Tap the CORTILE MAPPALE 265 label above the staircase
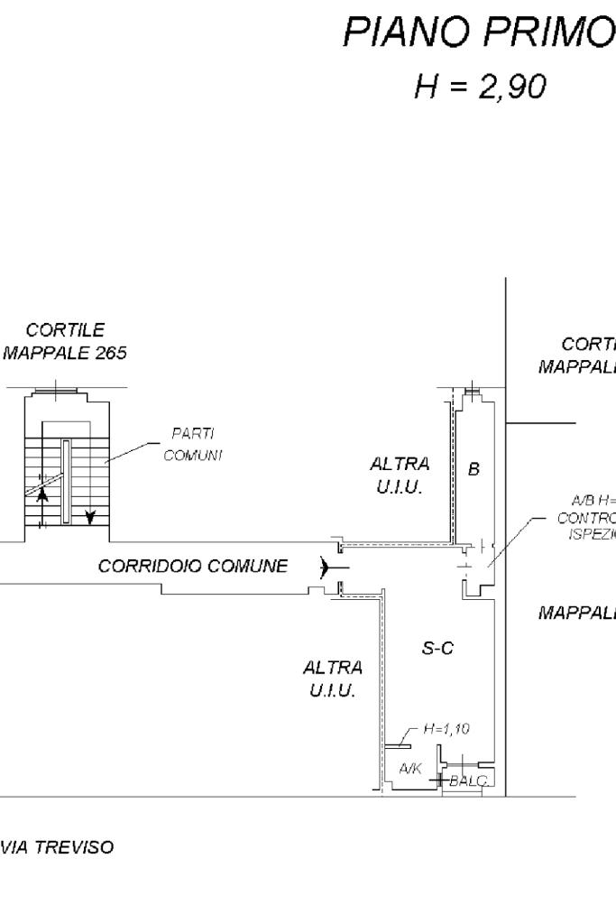[65, 342]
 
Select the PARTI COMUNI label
[192, 445]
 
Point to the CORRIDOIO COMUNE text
[193, 567]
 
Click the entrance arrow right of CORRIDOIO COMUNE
[331, 567]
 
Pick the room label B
[473, 469]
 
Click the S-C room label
[437, 648]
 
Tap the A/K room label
[410, 768]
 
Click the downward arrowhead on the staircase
[89, 516]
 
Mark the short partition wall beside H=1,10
[397, 746]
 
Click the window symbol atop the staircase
[58, 391]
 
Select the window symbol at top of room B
[472, 392]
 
